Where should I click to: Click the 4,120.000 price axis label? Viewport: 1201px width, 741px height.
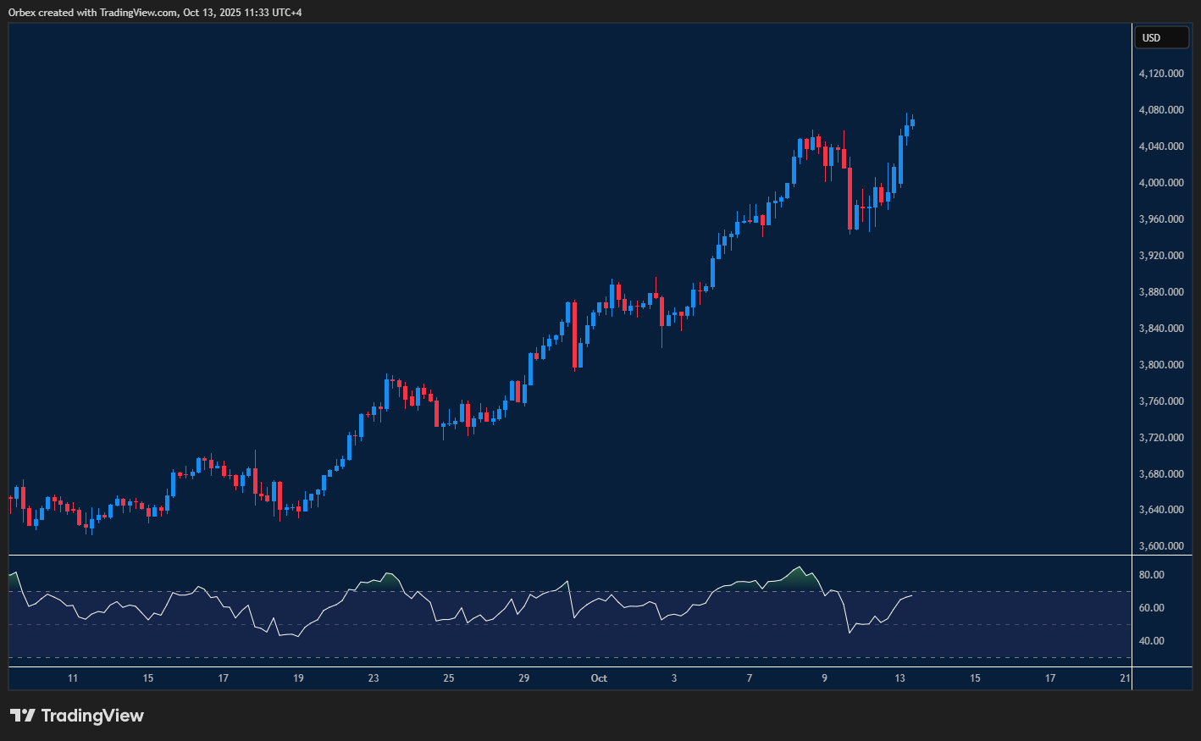pos(1161,74)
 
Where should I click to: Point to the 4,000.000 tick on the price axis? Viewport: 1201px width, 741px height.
pos(1161,183)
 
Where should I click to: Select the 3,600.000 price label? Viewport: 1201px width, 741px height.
pos(1161,546)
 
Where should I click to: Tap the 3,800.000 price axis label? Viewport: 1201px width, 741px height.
pos(1161,365)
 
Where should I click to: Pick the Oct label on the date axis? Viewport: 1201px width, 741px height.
pos(599,678)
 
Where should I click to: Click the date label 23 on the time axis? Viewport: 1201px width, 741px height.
pos(374,678)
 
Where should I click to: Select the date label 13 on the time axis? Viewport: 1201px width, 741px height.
pos(899,678)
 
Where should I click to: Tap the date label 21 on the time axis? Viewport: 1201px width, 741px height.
pos(1125,678)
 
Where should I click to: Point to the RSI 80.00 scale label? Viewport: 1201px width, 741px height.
pos(1151,575)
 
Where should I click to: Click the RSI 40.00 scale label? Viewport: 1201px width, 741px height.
pos(1151,641)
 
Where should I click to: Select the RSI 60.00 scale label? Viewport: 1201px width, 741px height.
pos(1151,608)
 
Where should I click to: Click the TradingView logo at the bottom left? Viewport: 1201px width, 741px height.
pos(77,716)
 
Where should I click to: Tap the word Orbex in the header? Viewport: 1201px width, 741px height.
pos(22,13)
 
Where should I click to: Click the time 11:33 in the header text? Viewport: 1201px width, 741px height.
pos(253,13)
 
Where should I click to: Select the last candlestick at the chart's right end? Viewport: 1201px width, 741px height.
pos(912,123)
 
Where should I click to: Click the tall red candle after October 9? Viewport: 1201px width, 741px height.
pos(850,198)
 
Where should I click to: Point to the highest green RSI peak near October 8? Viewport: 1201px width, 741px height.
pos(798,568)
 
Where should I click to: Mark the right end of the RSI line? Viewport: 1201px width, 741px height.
pos(912,596)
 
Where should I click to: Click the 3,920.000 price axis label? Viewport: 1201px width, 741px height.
pos(1161,256)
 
